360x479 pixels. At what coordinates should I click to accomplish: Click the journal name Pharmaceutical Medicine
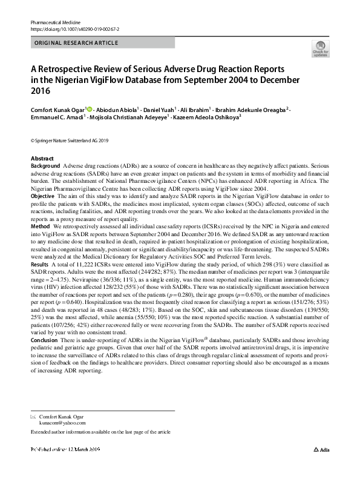(x=56, y=22)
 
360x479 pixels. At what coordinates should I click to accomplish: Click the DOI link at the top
(x=74, y=29)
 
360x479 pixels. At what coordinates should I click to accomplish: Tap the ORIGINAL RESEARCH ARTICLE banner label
(x=76, y=43)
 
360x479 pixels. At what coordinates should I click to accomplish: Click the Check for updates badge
(x=320, y=49)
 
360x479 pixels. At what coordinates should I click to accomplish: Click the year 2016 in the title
(x=40, y=91)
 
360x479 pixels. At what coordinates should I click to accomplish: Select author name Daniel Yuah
(x=157, y=110)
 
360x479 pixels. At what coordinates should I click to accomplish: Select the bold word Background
(x=45, y=165)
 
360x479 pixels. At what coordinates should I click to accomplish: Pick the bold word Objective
(x=43, y=197)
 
